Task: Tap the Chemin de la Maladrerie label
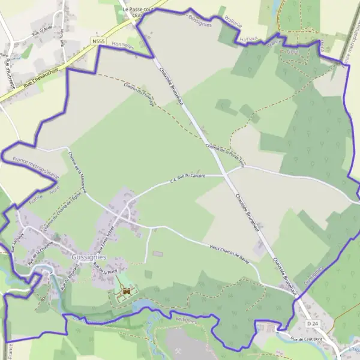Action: (78, 171)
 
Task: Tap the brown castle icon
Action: (126, 292)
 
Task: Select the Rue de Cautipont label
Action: (305, 340)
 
